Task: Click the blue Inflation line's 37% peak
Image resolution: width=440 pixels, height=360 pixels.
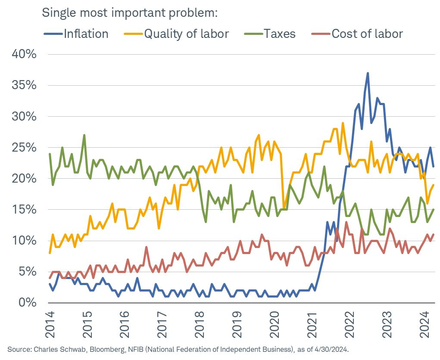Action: pos(368,73)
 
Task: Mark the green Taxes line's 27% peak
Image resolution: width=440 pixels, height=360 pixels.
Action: pos(84,135)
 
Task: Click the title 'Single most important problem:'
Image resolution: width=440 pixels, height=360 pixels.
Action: pos(129,12)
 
